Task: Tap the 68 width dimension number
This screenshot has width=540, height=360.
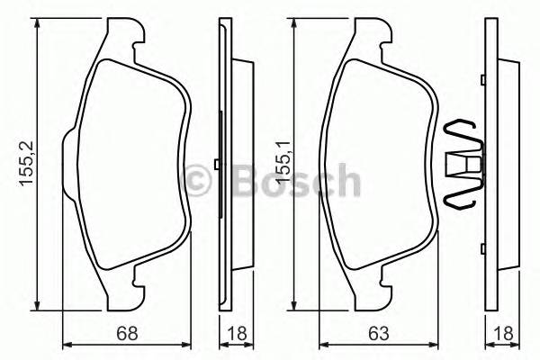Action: coord(128,333)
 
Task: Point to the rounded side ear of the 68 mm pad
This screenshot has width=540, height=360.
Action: coord(69,162)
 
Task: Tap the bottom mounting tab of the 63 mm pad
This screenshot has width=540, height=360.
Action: coord(382,290)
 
